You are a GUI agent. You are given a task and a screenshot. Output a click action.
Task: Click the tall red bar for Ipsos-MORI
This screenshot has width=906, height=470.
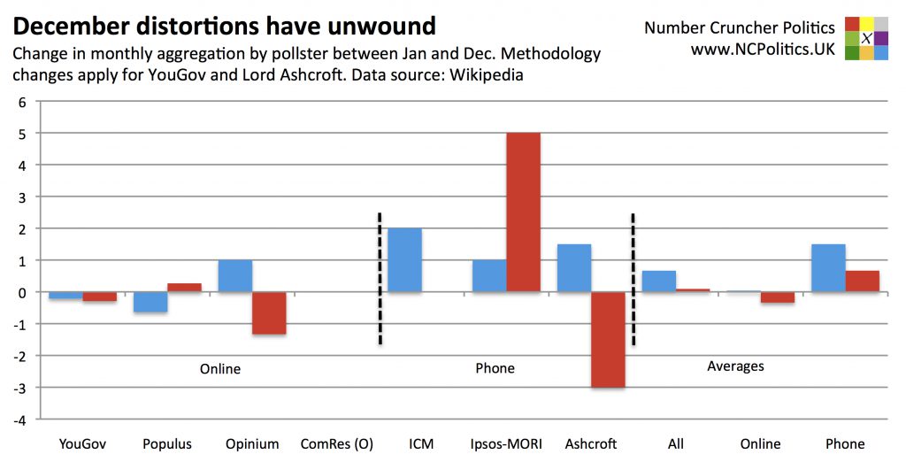click(x=523, y=212)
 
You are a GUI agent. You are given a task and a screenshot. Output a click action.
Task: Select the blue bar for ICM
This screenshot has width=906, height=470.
click(x=404, y=260)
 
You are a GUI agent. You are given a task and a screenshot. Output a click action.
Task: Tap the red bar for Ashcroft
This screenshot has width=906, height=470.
click(x=608, y=339)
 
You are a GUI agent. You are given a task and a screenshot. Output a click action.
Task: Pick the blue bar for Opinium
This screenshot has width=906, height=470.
click(x=235, y=276)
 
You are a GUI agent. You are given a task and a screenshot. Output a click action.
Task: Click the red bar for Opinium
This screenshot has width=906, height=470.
click(x=269, y=312)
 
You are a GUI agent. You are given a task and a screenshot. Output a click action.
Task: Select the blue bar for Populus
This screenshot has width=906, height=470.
click(x=150, y=302)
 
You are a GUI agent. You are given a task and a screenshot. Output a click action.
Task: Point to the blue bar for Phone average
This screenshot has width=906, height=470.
click(x=828, y=268)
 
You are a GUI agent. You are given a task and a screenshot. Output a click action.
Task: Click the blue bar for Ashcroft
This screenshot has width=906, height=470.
click(x=574, y=268)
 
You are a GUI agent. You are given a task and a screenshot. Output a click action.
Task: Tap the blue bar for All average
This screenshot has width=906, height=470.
click(x=659, y=281)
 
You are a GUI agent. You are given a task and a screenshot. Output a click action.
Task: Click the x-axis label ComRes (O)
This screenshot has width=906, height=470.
click(x=336, y=443)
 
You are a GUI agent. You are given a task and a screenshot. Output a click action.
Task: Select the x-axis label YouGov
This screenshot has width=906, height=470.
click(x=82, y=443)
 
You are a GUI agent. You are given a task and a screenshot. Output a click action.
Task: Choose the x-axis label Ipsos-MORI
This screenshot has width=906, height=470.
click(x=506, y=443)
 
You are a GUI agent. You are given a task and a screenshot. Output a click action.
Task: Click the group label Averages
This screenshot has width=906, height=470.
click(x=735, y=366)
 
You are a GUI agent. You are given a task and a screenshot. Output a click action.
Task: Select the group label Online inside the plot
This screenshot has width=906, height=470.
click(x=220, y=368)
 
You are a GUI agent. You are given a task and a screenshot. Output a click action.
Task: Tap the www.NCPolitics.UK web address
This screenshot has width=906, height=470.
click(x=762, y=50)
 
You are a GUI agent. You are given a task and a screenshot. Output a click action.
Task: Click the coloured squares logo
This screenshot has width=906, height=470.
click(x=867, y=38)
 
